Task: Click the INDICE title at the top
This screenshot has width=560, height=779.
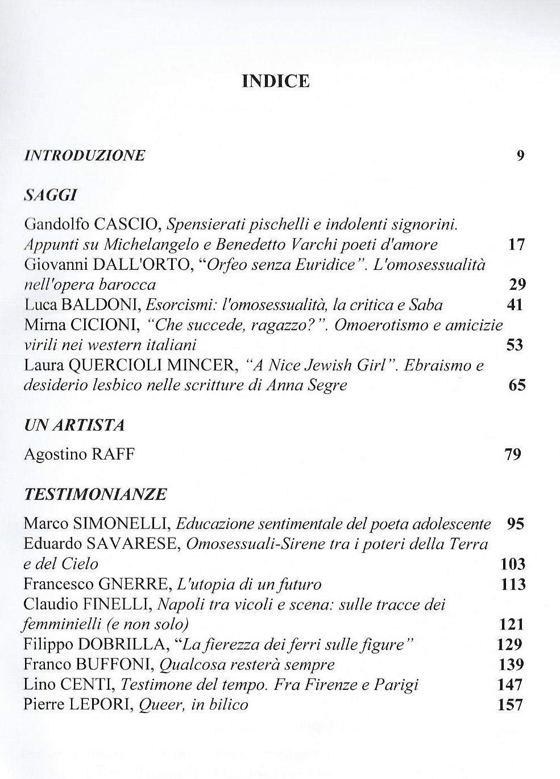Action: tap(276, 81)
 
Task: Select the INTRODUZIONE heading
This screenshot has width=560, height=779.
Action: tap(85, 155)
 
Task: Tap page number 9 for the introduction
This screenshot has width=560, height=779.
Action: tap(520, 155)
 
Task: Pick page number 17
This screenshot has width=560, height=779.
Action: tap(516, 245)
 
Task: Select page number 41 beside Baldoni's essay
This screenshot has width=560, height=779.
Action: tap(515, 305)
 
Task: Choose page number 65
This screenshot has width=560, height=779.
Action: tap(517, 386)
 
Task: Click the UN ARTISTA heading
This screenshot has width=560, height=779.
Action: tap(74, 426)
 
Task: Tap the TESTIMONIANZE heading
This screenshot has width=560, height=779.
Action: tap(95, 494)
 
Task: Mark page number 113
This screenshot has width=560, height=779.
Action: tap(513, 584)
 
